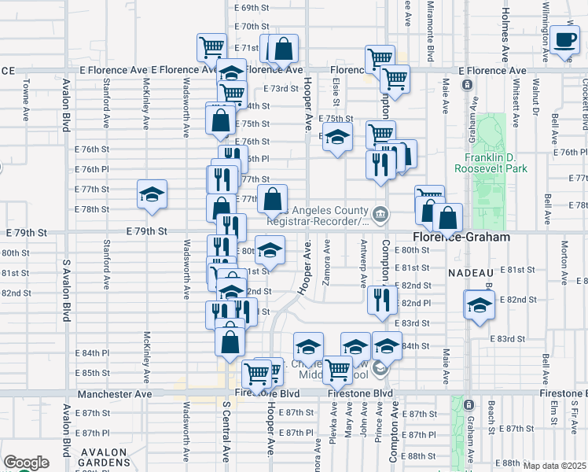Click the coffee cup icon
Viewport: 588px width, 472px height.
(564, 40)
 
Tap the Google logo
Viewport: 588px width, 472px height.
(25, 463)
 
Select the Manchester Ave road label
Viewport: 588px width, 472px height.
(114, 393)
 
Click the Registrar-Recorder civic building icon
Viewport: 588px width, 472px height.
(380, 212)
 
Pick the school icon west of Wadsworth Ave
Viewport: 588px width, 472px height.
(152, 194)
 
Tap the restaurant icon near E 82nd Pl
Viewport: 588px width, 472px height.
(378, 299)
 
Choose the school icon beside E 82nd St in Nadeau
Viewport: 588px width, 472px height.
(479, 304)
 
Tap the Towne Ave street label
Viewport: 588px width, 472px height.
(26, 98)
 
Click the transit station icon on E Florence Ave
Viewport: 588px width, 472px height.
(467, 84)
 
